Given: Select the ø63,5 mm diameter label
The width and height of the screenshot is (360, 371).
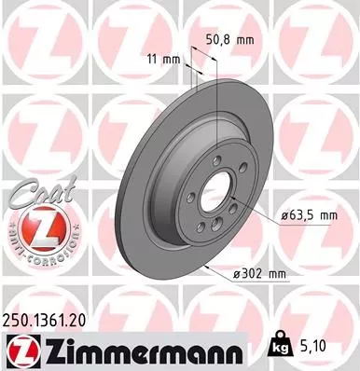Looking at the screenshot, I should coord(309,216).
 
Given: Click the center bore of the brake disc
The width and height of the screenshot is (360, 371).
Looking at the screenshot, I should coord(216,193).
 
